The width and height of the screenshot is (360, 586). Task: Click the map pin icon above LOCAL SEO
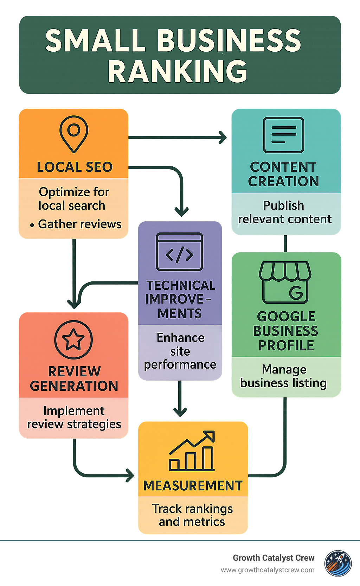point(73,134)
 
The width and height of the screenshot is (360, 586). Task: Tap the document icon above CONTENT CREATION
point(283,135)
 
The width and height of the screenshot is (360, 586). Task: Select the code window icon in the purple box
point(180,251)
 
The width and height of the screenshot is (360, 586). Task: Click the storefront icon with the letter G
point(285,282)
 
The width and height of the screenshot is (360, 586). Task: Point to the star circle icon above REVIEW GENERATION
point(73,339)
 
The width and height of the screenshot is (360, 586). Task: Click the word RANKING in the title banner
point(178,71)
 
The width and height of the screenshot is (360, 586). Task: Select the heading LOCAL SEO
point(75,167)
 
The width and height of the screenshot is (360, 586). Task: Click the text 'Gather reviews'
point(79,224)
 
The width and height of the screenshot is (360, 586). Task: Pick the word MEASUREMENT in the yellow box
point(193,486)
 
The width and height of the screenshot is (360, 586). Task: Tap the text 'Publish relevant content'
point(284,212)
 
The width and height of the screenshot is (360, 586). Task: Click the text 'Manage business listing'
point(284,376)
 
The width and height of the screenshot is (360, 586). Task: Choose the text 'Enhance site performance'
point(180,351)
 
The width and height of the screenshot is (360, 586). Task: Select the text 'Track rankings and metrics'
point(192,515)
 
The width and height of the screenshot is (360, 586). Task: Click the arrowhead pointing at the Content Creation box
point(223,137)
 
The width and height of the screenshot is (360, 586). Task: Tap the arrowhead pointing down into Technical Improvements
point(181,212)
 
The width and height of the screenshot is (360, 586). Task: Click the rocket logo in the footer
point(337,563)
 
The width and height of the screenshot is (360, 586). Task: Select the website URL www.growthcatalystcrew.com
point(268,570)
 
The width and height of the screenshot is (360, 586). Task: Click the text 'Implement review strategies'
point(74,418)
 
